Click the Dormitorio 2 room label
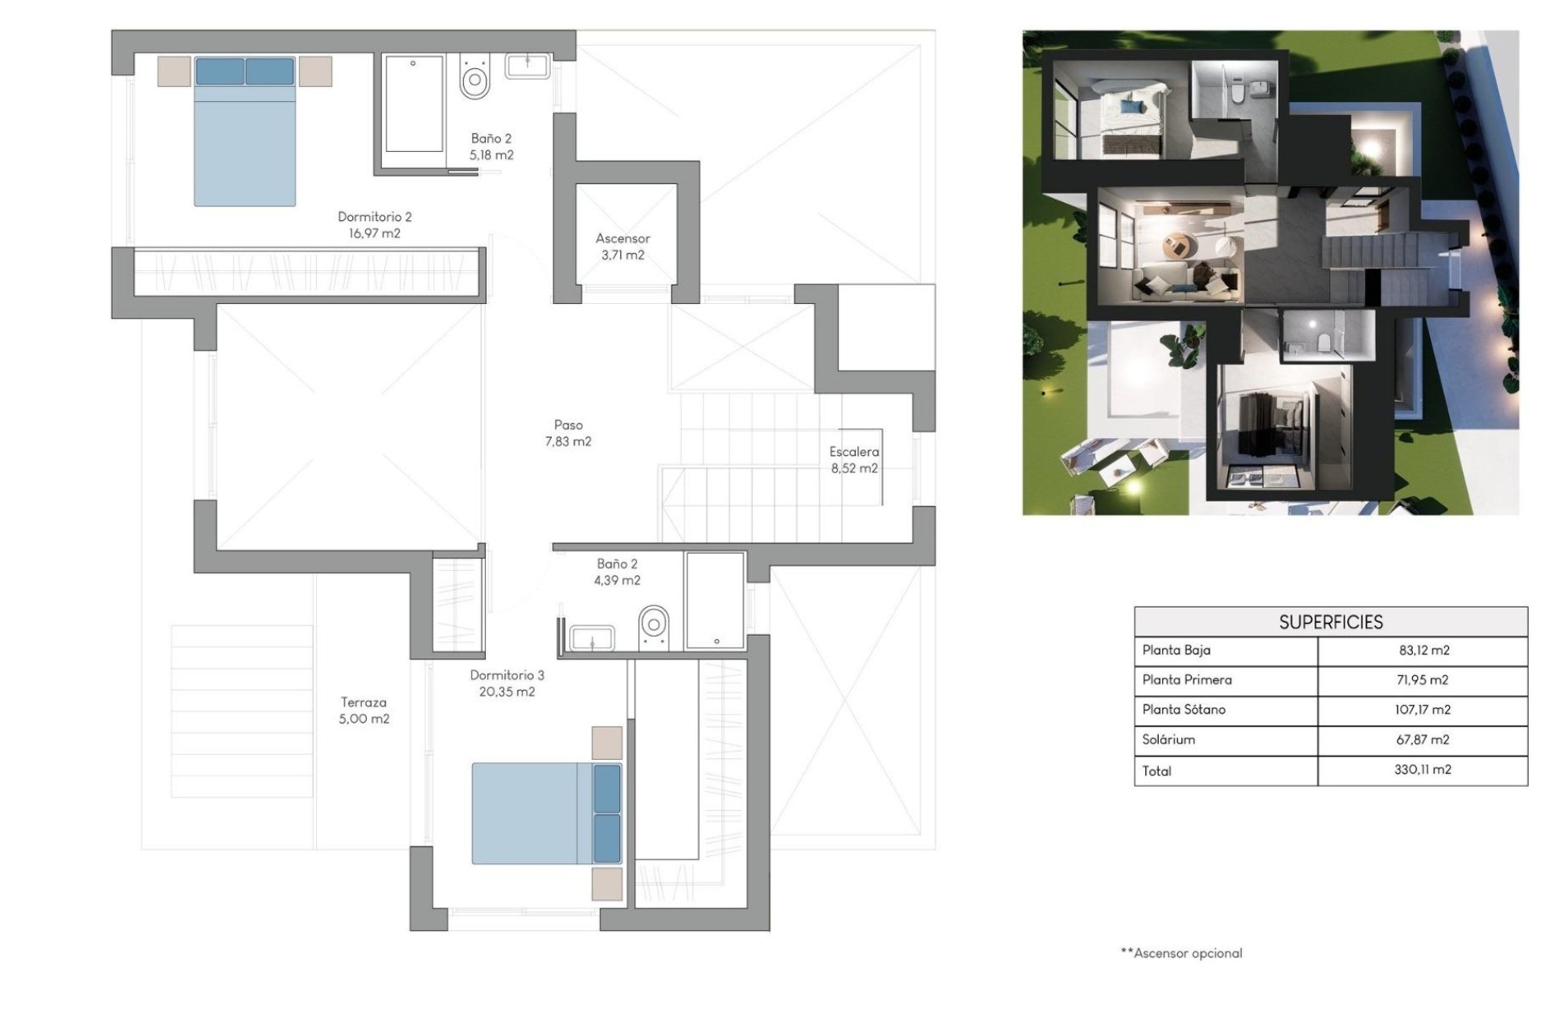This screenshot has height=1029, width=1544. (374, 225)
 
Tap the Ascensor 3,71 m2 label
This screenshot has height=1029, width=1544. (622, 247)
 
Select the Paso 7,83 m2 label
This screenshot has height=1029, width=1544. (568, 433)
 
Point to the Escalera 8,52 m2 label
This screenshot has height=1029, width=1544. (854, 460)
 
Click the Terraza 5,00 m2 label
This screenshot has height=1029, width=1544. (363, 711)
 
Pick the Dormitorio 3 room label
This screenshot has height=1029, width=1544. (507, 683)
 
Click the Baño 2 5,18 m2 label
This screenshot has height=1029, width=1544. (491, 146)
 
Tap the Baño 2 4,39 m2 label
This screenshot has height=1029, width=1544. (617, 572)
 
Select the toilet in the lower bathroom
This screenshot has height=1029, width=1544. (654, 625)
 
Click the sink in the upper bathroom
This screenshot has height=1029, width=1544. (528, 66)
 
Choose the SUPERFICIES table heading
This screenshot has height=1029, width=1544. (1331, 622)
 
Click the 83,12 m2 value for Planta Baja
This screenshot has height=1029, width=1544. (1423, 650)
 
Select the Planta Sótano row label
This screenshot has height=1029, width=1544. (1184, 710)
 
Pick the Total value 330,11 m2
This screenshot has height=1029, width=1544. (1423, 769)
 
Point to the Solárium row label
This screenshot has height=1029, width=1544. (1168, 740)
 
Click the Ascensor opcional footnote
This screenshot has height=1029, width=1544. (1181, 953)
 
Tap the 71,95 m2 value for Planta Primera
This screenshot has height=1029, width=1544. (1423, 680)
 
